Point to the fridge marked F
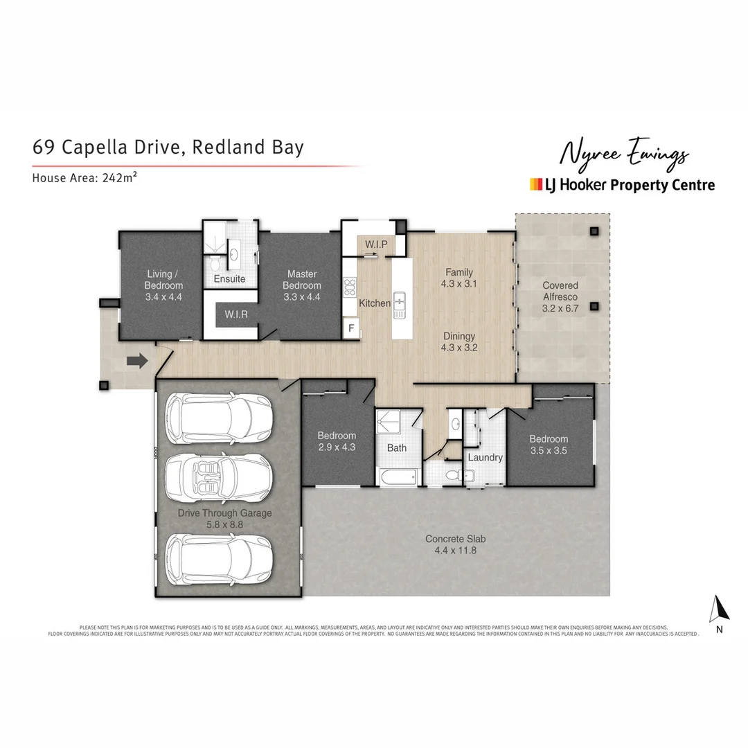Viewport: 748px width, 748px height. click(352, 328)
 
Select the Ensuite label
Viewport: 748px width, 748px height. click(229, 278)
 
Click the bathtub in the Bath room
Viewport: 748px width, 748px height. click(397, 477)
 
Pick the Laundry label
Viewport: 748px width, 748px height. click(485, 457)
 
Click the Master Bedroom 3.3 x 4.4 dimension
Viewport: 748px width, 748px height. click(302, 296)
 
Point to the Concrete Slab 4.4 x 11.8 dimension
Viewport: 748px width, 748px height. click(451, 551)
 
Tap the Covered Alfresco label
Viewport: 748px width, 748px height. click(560, 291)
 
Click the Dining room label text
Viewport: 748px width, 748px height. click(460, 336)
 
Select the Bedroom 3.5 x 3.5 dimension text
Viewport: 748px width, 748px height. click(549, 450)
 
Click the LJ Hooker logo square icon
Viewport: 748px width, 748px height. click(535, 184)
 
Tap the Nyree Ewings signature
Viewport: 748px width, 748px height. click(623, 154)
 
